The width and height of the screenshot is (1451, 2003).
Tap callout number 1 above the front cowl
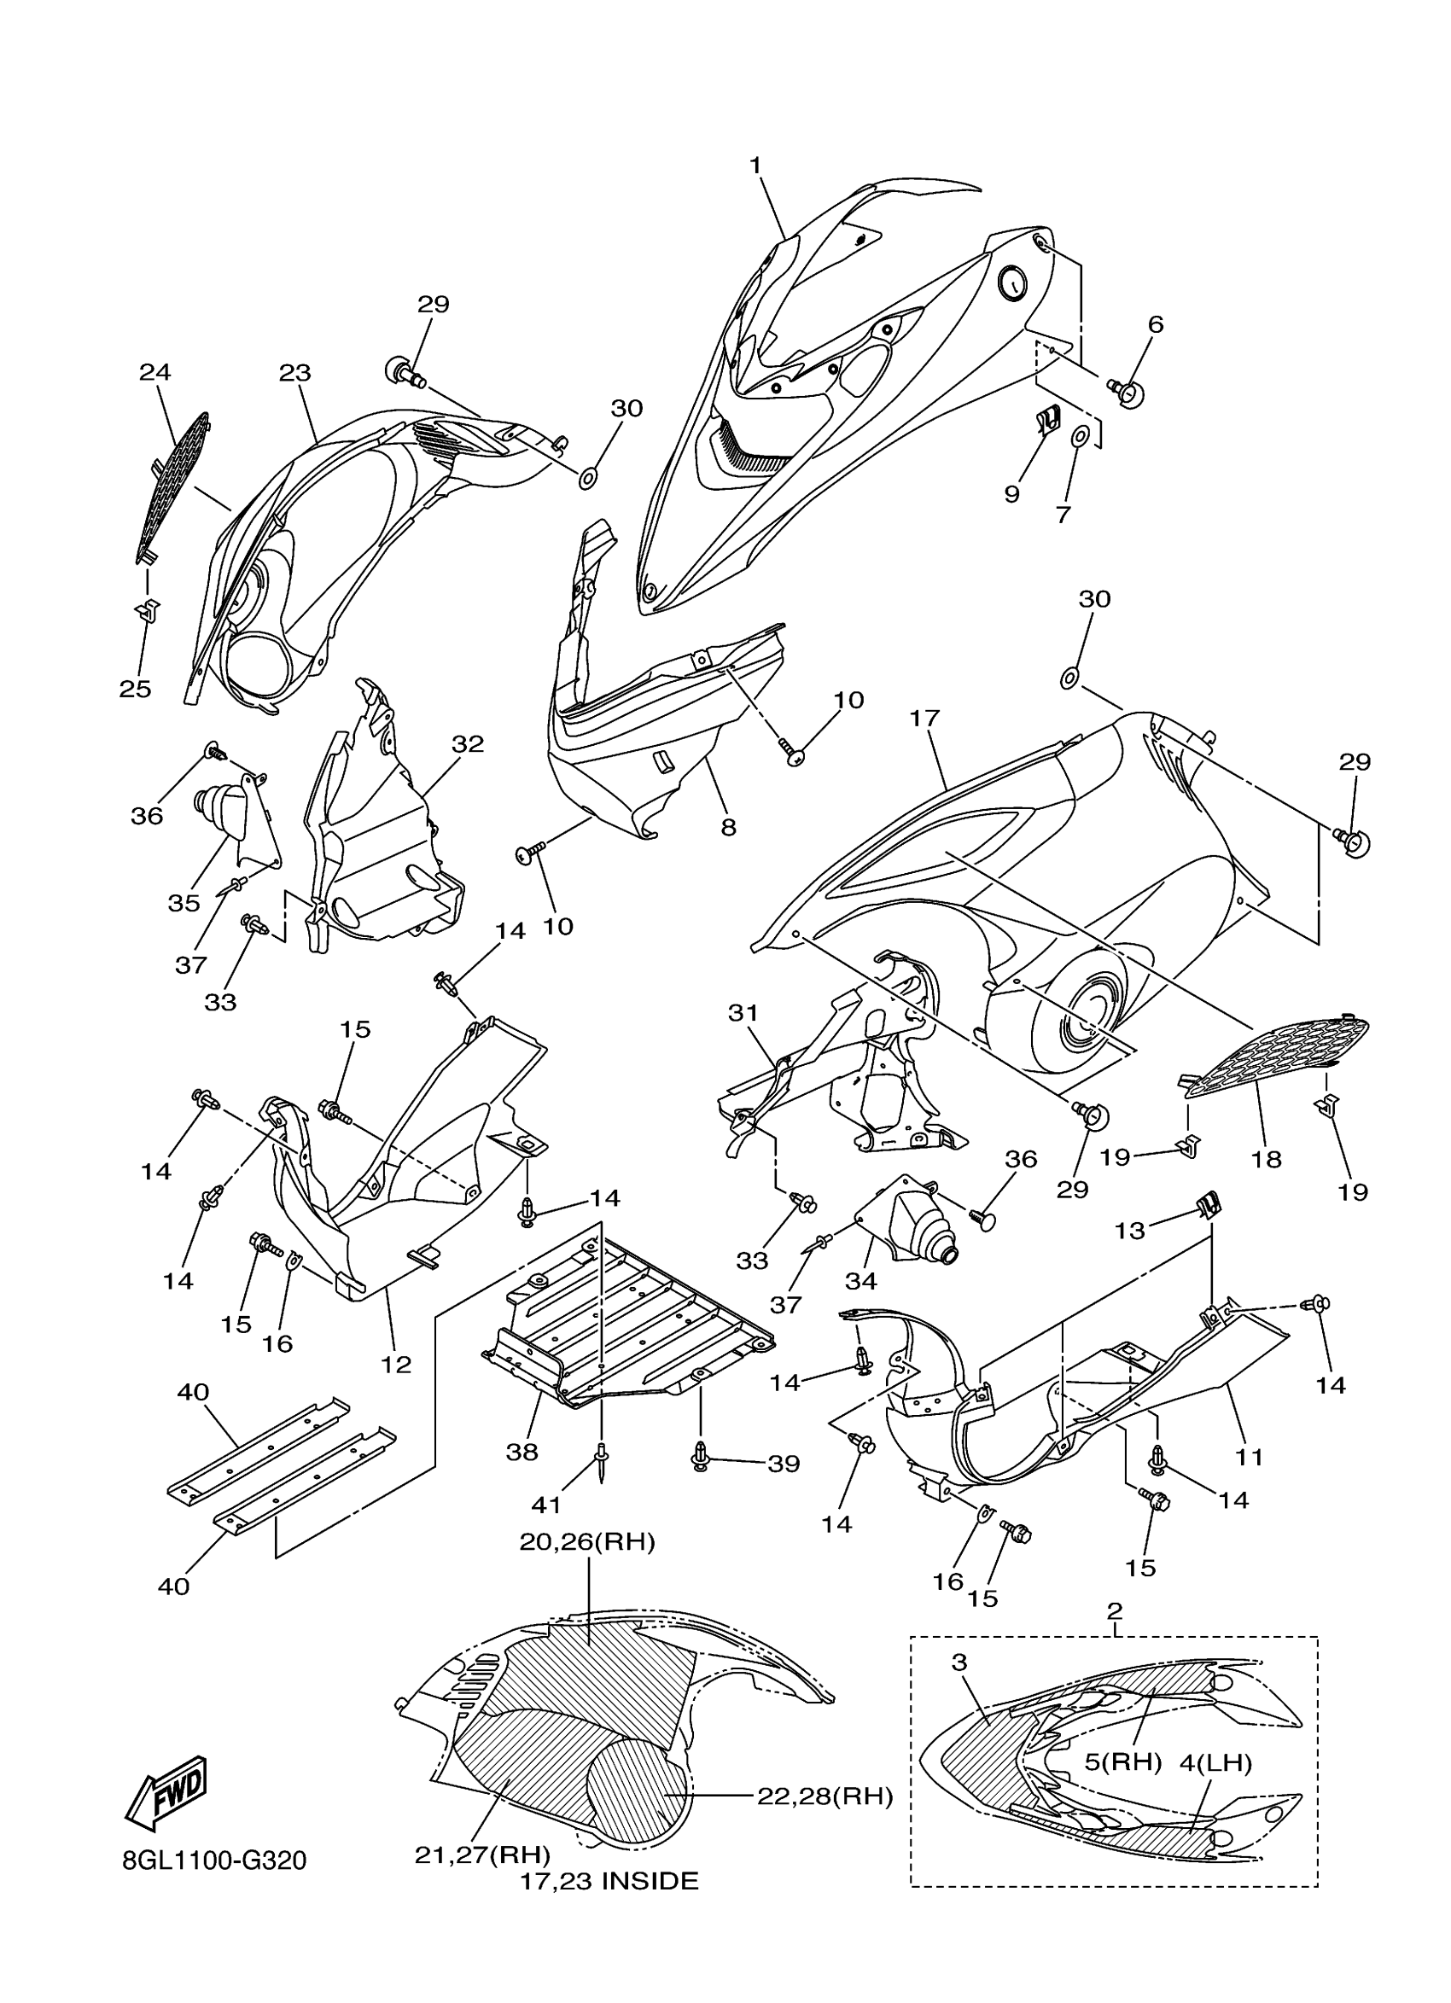point(756,166)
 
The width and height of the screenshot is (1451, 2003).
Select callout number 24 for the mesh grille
point(154,372)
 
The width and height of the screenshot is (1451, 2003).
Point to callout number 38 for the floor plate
point(522,1452)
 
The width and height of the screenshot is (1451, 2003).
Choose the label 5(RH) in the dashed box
point(1122,1761)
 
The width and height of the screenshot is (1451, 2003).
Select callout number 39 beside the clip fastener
point(784,1464)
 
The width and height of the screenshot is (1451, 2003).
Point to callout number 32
point(468,743)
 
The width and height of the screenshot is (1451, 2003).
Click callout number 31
point(743,1013)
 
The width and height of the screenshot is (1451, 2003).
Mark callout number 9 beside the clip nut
point(1012,493)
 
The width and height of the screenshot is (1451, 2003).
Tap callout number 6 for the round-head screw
point(1155,324)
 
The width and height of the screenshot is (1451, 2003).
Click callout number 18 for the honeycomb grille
point(1267,1159)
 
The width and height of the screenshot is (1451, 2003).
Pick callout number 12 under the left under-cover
point(397,1365)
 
